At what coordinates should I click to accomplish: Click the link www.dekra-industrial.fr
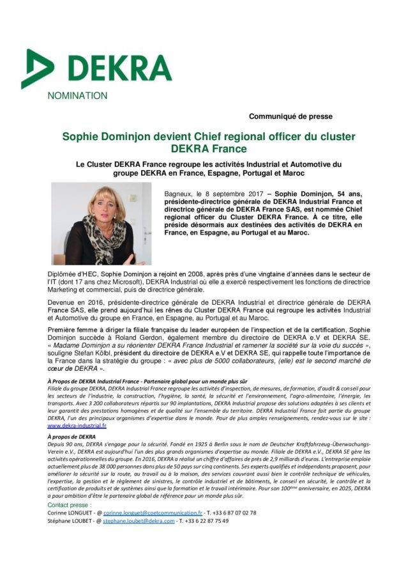click(x=77, y=425)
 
